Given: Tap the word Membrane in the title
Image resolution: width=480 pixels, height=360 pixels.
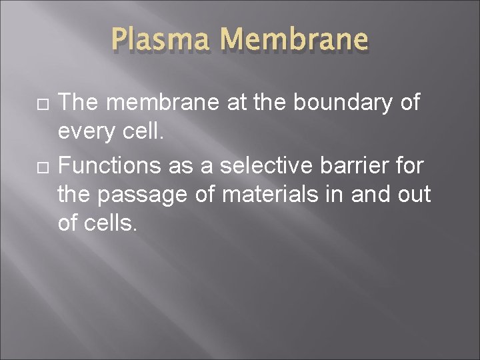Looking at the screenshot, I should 294,39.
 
